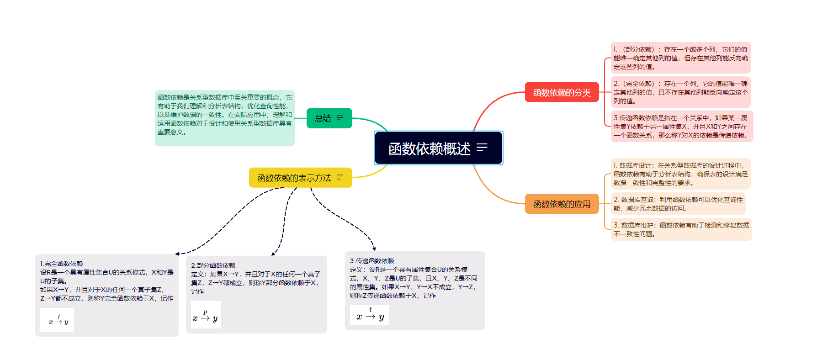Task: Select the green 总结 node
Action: [323, 118]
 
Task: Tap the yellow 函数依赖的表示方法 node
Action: [294, 178]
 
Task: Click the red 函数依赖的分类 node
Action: [562, 92]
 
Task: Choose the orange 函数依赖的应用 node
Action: [562, 204]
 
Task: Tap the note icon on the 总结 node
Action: [340, 118]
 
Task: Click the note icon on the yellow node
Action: [340, 177]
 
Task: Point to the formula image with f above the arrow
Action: [57, 319]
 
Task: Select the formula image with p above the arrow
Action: [206, 315]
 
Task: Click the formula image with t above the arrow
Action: [369, 315]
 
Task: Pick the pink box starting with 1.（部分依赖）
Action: [680, 58]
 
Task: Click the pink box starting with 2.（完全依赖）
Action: [680, 92]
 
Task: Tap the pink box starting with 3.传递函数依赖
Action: [681, 127]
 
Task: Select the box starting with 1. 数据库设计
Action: [680, 174]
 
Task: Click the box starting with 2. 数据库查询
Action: [678, 204]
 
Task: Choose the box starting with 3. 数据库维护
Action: [681, 229]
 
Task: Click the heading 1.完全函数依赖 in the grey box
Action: [61, 264]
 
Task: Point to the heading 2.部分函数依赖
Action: [213, 265]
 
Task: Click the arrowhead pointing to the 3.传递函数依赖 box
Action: [374, 249]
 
